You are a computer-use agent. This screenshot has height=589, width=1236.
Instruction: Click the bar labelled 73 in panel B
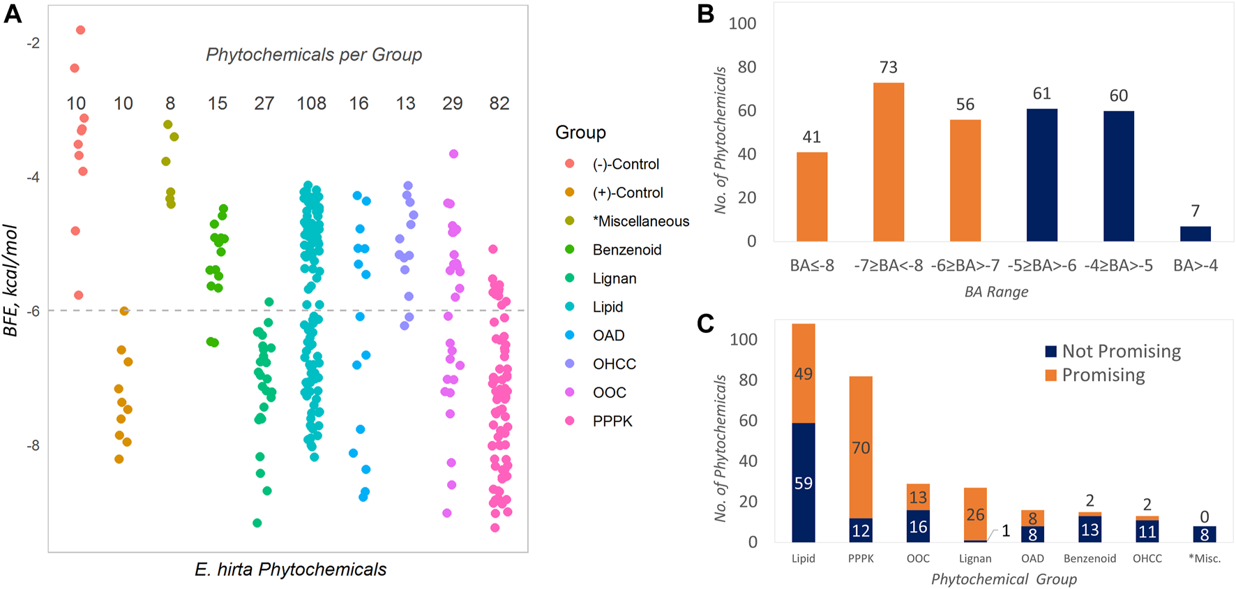point(888,162)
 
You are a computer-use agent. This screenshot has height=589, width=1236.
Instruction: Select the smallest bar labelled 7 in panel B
point(1195,234)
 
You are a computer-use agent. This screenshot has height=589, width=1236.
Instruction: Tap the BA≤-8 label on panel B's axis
point(812,266)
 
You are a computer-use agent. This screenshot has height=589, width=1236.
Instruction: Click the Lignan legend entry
point(614,278)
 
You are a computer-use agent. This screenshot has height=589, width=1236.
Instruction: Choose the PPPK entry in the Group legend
point(612,421)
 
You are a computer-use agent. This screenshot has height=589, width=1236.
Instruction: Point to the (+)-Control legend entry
point(627,193)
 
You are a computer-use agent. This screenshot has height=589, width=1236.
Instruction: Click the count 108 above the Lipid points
point(311,104)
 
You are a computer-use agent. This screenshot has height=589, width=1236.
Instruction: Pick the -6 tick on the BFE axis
point(32,311)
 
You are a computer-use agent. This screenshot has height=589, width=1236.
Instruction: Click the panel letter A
point(13,15)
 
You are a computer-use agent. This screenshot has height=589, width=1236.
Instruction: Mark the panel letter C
point(706,324)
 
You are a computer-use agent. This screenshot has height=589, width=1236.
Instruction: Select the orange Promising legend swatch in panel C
point(1050,375)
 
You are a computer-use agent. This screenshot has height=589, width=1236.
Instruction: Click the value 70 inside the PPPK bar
point(861,448)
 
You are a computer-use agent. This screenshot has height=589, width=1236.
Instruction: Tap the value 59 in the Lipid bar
point(804,483)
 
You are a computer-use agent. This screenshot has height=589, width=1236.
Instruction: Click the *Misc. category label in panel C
point(1204,558)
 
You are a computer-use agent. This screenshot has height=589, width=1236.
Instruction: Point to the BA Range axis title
point(996,292)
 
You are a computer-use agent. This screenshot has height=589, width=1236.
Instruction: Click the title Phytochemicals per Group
point(313,54)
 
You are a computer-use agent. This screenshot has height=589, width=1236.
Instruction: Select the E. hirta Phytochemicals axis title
point(290,569)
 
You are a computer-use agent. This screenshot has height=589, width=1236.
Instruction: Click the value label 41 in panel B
point(812,137)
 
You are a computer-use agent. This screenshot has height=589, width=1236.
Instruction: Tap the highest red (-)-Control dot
point(80,30)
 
